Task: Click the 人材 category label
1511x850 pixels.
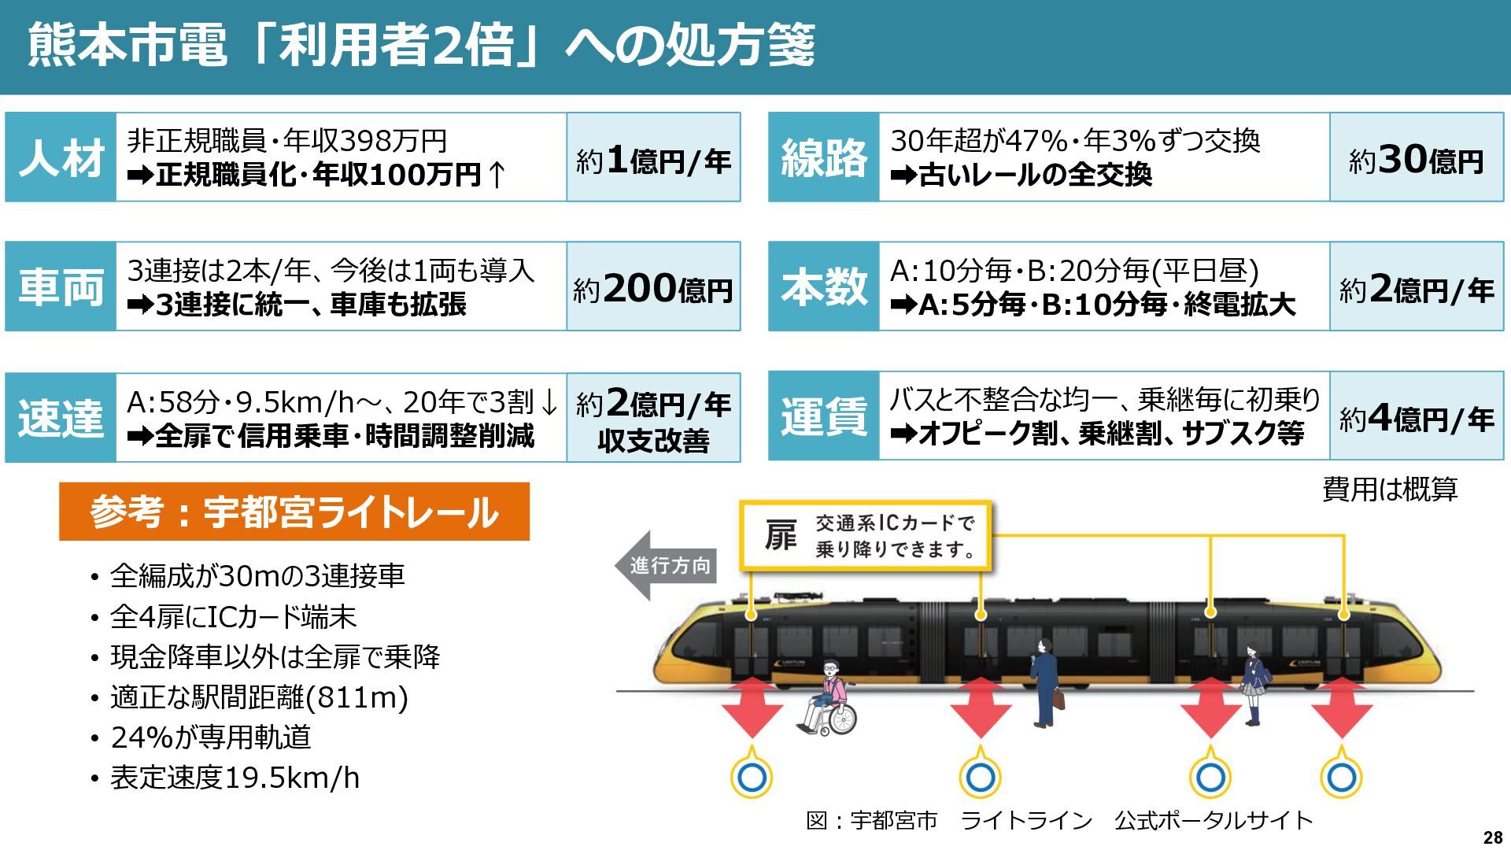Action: [x=61, y=157]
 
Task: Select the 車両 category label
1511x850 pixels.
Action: [x=61, y=286]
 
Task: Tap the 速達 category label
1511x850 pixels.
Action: [x=61, y=417]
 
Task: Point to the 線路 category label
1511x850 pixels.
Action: [x=823, y=157]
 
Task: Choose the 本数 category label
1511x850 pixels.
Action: [x=823, y=286]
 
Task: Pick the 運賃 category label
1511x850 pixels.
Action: [x=823, y=416]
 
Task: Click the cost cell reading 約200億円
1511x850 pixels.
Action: [x=653, y=287]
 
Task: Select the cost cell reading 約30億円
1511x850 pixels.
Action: [x=1417, y=158]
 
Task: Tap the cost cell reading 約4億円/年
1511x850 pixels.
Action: [x=1417, y=417]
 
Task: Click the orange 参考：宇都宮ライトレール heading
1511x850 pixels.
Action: [x=294, y=512]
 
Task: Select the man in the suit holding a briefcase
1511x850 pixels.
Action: [x=1046, y=682]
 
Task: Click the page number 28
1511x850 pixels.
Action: [x=1492, y=837]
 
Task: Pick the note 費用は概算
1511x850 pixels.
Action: [x=1390, y=490]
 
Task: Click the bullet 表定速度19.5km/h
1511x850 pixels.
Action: [x=235, y=778]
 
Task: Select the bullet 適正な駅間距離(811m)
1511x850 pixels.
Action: [x=259, y=697]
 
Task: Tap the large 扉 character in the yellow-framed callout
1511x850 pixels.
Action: [x=780, y=536]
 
